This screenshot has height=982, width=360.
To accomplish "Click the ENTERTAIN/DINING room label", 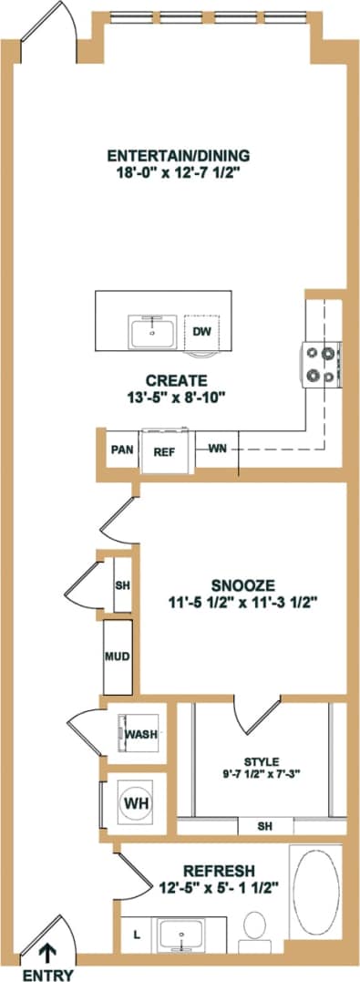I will tap(178, 154).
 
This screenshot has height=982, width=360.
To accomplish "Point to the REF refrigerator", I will tap(164, 449).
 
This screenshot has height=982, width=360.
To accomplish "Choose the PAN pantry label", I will tap(121, 449).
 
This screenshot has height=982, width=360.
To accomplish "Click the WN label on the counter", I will tap(217, 449).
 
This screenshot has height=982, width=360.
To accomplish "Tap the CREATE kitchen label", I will tap(177, 379).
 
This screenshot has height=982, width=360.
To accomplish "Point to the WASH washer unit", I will tap(139, 733).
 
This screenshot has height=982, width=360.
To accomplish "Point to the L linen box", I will tap(137, 935).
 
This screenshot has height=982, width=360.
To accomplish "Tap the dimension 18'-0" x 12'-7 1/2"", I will tap(178, 171).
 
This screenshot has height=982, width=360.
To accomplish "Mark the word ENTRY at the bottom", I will tap(46, 974).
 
